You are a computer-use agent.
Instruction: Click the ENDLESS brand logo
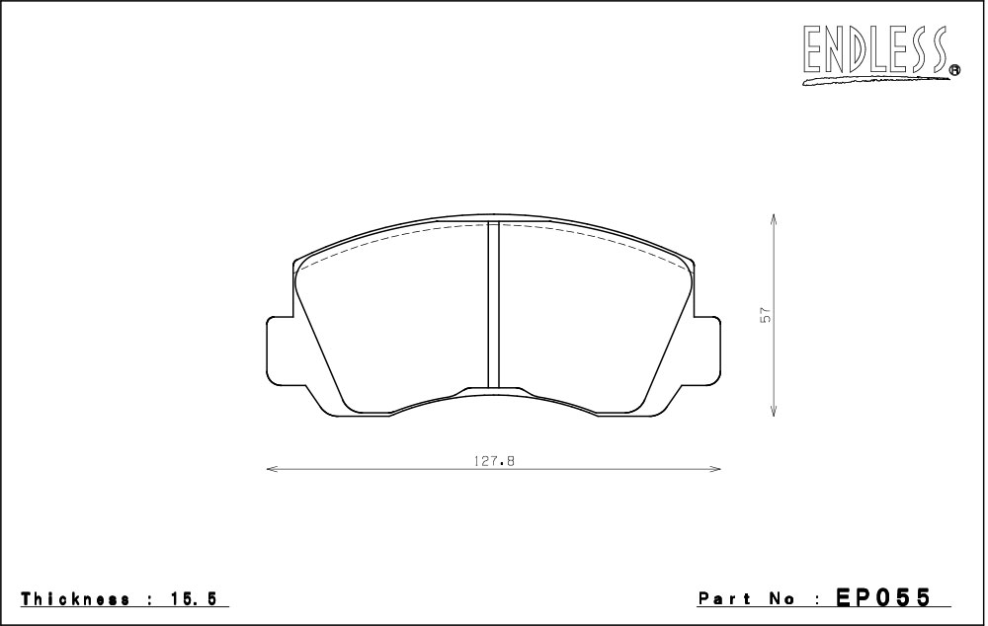[879, 54]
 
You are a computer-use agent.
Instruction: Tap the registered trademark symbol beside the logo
[955, 70]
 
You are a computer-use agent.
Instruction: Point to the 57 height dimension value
[766, 315]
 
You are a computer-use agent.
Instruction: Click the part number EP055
[883, 597]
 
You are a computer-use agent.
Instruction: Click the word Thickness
[76, 599]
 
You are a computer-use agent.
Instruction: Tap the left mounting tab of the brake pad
[281, 350]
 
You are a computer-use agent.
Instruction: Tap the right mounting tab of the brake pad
[706, 350]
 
